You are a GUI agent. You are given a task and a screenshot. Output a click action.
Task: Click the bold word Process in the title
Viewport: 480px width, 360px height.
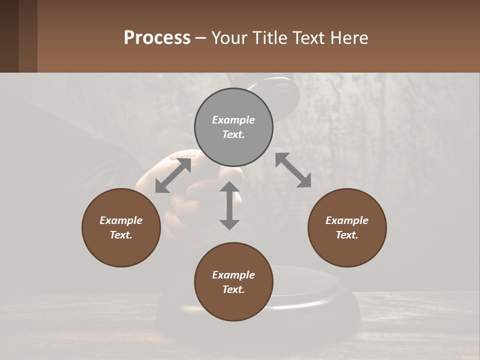157,38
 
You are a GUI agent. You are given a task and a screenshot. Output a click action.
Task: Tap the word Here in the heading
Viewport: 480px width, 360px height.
348,38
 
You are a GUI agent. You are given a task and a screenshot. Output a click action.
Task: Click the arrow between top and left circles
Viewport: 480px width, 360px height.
173,175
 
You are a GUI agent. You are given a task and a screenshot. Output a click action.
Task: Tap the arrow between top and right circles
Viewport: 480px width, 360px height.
293,170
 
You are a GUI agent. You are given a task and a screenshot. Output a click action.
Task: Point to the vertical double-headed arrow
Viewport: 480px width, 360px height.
229,205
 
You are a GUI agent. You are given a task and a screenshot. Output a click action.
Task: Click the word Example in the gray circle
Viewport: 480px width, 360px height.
233,120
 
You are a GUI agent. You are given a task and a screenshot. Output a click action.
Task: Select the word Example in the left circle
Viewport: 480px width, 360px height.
121,220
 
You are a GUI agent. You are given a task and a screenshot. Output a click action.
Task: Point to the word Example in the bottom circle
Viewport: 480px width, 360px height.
233,275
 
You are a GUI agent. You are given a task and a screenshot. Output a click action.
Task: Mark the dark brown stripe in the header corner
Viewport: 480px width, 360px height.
9,36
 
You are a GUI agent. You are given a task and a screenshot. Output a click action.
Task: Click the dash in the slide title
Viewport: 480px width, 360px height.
201,38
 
